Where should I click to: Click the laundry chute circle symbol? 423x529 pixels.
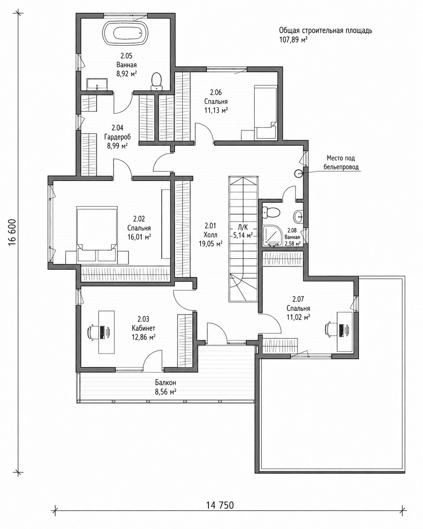tap(299, 174)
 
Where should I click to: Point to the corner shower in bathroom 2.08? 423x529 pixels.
tap(271, 236)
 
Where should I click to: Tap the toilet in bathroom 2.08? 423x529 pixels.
tap(271, 212)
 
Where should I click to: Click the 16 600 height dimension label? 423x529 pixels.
tap(13, 232)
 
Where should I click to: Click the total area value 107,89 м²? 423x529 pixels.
tap(294, 39)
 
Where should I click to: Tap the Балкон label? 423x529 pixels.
tap(166, 383)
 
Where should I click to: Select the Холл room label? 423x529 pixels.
tap(210, 235)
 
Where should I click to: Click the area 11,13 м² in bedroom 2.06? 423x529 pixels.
tap(216, 111)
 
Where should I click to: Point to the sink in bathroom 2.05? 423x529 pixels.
tap(97, 84)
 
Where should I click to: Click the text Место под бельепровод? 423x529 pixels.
tap(341, 163)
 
